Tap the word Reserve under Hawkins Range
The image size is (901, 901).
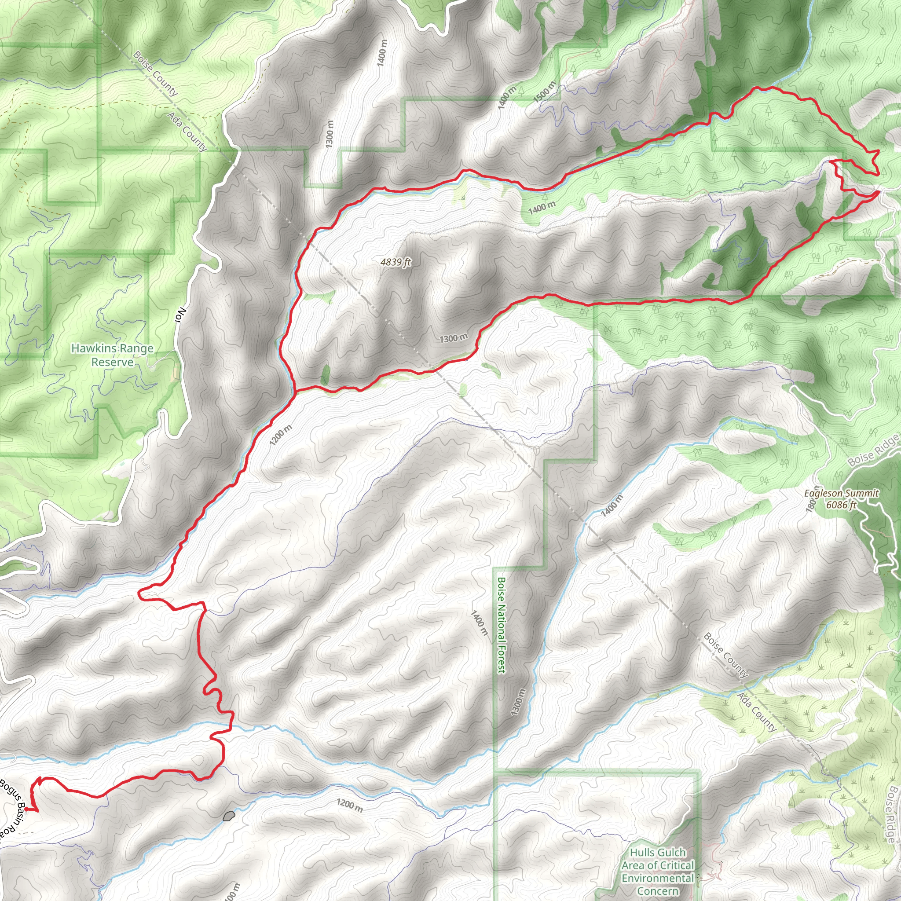tap(112, 362)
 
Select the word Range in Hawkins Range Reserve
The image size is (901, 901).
tap(136, 348)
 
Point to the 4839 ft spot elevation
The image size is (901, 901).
tap(396, 262)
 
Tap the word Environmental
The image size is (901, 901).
tap(658, 865)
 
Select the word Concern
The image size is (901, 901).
tap(658, 878)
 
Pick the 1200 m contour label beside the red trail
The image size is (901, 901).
tap(281, 435)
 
